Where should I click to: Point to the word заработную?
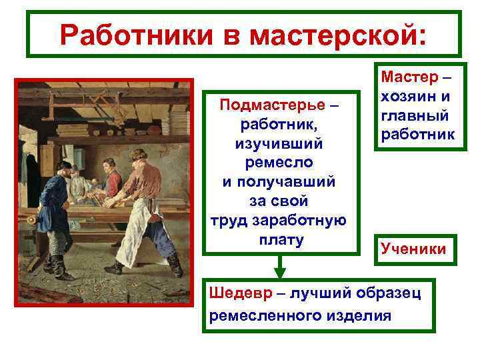[304, 221]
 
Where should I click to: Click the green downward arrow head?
[280, 272]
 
